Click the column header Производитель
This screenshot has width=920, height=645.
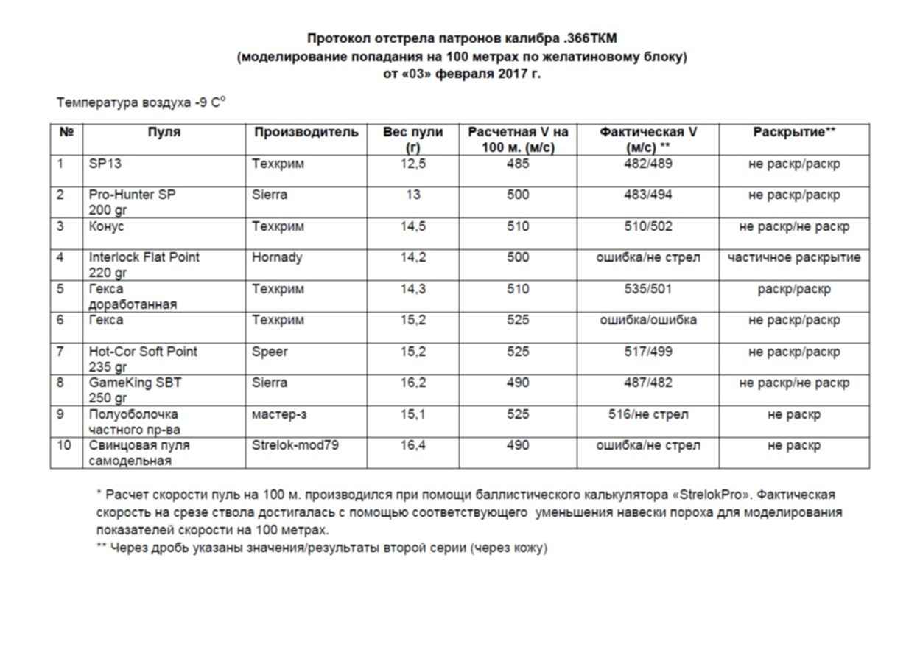(306, 133)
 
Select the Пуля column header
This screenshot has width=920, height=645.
(164, 133)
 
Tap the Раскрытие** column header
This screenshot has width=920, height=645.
(793, 133)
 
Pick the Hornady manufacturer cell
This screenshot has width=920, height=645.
(274, 258)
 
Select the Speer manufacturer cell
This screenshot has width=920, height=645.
(270, 352)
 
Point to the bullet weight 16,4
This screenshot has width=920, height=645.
(412, 445)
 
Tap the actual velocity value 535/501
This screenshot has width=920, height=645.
(647, 290)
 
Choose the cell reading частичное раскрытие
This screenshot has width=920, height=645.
(793, 258)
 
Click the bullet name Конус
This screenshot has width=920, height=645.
(107, 227)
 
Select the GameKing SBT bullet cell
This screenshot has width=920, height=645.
(135, 383)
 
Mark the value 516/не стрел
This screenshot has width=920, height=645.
(647, 414)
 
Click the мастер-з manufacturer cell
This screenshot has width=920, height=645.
(279, 414)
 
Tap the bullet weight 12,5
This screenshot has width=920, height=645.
(412, 164)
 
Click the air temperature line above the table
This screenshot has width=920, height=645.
(141, 103)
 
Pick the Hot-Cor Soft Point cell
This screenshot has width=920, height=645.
(143, 352)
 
